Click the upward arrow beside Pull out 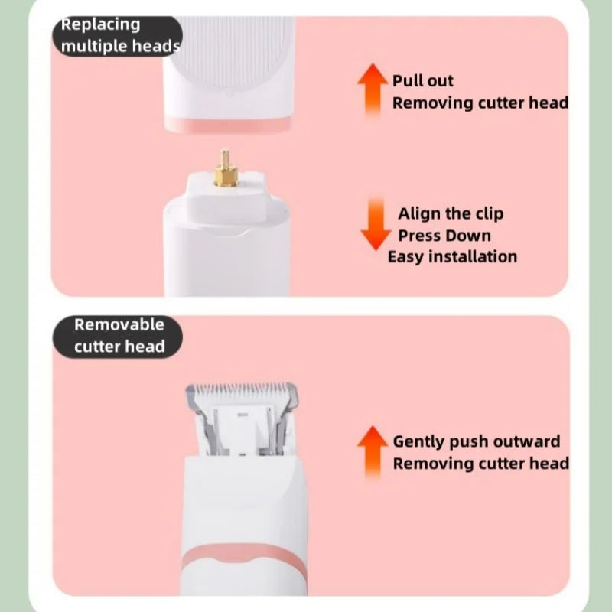(x=373, y=90)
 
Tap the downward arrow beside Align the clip (x=375, y=223)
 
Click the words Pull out (x=423, y=80)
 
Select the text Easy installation (x=452, y=256)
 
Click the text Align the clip (x=451, y=213)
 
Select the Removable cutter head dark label (x=119, y=336)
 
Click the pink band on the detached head (x=227, y=123)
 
